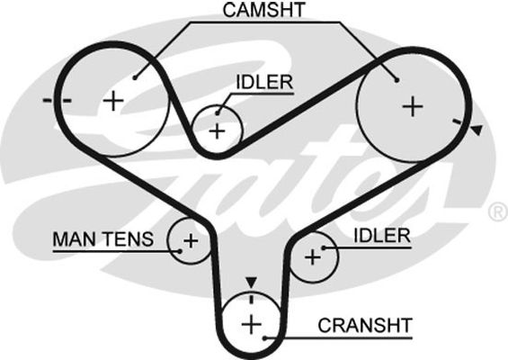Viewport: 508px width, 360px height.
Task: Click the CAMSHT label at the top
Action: pos(263,10)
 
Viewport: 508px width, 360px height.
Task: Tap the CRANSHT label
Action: pos(365,325)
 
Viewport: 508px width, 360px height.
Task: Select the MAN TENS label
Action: pos(103,239)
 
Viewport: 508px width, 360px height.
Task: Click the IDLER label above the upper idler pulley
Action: pos(264,82)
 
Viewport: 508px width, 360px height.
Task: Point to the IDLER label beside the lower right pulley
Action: pos(382,236)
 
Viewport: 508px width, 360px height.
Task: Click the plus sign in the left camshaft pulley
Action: pos(113,101)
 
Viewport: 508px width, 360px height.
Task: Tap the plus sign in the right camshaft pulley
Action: pos(413,106)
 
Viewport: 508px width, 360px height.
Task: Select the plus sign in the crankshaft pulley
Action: pos(252,324)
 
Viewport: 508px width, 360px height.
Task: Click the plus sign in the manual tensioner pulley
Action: pos(191,241)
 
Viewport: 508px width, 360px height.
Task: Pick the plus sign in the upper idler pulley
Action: pos(217,131)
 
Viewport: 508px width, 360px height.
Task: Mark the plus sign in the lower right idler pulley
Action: pos(313,257)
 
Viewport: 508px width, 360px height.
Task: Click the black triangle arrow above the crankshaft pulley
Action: pos(251,283)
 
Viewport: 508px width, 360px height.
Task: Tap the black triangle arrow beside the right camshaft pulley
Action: pos(477,130)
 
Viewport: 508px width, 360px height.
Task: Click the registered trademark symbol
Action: pos(498,211)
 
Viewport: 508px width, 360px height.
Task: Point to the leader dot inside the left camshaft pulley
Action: pos(135,77)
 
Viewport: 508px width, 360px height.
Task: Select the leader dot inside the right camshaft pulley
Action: pos(397,80)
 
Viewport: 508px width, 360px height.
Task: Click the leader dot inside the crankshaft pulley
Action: pos(264,338)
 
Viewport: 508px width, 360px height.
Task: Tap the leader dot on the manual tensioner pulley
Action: pos(180,251)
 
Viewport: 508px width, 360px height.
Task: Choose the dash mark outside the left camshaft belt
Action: pos(48,100)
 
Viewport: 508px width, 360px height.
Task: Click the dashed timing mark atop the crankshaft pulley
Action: pos(251,297)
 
